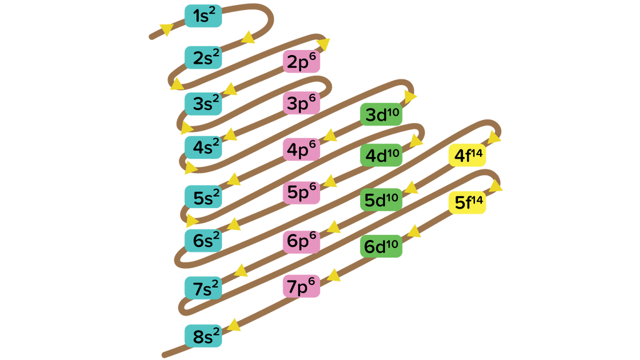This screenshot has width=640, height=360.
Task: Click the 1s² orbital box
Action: tap(203, 16)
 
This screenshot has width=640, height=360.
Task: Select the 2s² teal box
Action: tap(203, 57)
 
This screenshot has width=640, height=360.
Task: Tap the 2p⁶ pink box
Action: tap(301, 62)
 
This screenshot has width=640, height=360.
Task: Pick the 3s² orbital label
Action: tap(203, 104)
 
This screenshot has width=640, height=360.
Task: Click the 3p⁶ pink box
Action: tap(301, 103)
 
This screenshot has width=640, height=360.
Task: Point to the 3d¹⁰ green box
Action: tap(381, 114)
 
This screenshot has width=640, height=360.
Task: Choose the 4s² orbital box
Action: tap(203, 147)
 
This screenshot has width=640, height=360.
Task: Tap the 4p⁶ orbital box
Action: tap(301, 149)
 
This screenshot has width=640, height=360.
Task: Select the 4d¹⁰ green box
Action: tap(381, 155)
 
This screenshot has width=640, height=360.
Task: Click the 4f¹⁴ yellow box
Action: tap(467, 155)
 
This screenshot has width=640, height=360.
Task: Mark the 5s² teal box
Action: tap(203, 197)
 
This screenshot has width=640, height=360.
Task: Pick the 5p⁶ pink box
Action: tap(301, 192)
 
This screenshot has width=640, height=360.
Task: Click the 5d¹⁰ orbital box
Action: tap(381, 200)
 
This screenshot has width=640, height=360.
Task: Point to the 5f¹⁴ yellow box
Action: tap(467, 202)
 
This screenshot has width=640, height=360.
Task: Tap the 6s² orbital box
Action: tap(203, 241)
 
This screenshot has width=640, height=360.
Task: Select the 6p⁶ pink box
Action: tap(301, 242)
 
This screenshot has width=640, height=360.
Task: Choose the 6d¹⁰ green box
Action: tap(381, 246)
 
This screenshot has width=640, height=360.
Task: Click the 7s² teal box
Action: tap(203, 288)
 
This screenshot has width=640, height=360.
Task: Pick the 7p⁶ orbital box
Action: tap(301, 286)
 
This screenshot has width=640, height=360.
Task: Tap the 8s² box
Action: tap(203, 336)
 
